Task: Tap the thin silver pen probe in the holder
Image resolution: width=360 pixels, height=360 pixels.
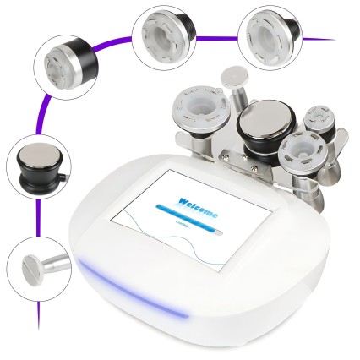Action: (231, 84)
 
